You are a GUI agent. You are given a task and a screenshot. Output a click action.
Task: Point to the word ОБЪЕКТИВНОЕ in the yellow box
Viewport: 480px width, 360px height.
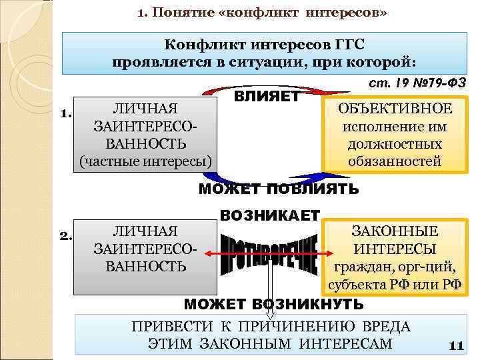(x=394, y=109)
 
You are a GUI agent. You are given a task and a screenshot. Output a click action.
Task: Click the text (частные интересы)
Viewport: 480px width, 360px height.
(x=145, y=161)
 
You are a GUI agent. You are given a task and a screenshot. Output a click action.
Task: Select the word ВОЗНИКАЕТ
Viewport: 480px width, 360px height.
(x=270, y=216)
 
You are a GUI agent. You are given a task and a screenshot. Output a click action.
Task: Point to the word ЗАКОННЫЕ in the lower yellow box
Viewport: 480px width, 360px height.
(x=394, y=231)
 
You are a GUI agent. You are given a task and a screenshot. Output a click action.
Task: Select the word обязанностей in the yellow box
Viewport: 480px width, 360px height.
(x=394, y=161)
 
